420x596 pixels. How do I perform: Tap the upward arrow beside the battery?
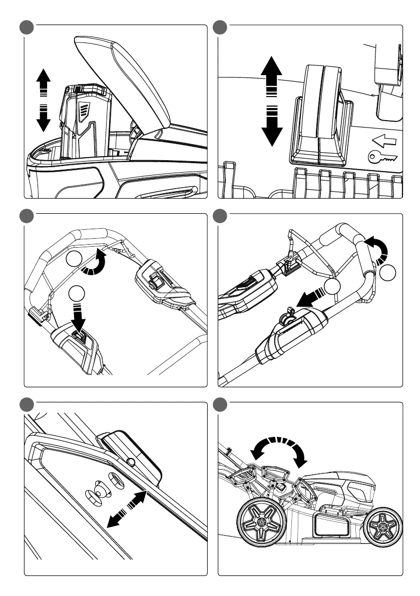point(44,80)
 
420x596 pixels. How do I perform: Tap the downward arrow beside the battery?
point(44,117)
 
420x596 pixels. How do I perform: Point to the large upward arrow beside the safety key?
point(272,73)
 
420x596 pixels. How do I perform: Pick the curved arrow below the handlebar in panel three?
point(96,264)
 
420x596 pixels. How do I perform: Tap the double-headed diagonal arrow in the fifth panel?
point(127,509)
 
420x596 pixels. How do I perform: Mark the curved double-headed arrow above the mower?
point(278,447)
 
